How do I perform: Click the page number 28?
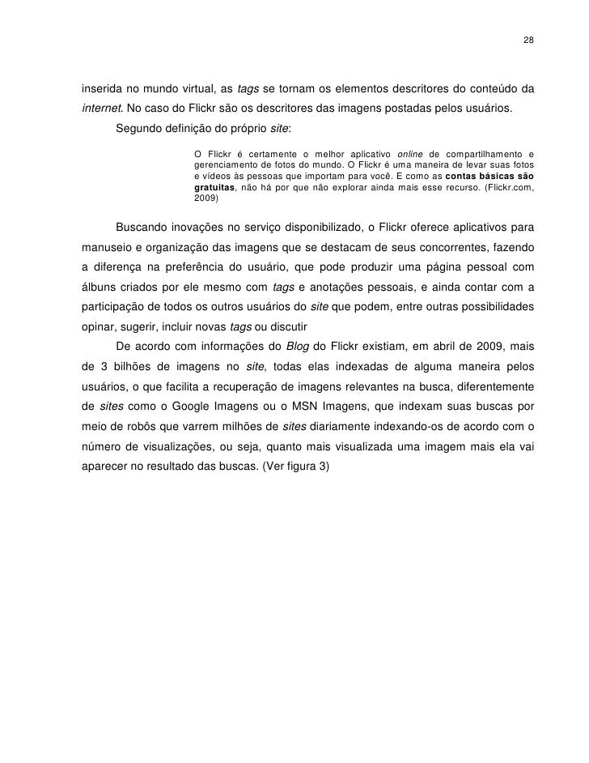coord(528,40)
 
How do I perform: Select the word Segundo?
coord(140,129)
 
